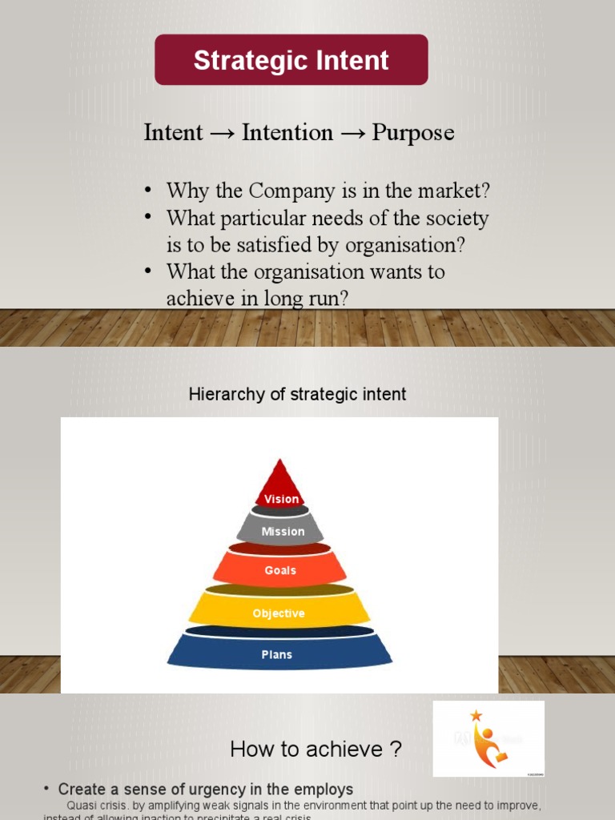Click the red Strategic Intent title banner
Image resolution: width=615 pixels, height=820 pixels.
(291, 60)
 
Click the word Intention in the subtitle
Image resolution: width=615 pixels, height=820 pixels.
(287, 132)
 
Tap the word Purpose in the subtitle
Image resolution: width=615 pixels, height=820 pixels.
(413, 132)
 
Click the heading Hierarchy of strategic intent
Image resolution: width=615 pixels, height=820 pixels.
(297, 394)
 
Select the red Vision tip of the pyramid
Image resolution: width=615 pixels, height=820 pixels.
(280, 488)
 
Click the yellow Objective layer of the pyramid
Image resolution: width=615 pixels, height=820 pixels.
(279, 613)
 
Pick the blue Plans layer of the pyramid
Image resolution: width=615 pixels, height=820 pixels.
(277, 654)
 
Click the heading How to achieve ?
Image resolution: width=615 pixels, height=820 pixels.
(316, 750)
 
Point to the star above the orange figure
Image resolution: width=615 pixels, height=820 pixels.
(476, 715)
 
